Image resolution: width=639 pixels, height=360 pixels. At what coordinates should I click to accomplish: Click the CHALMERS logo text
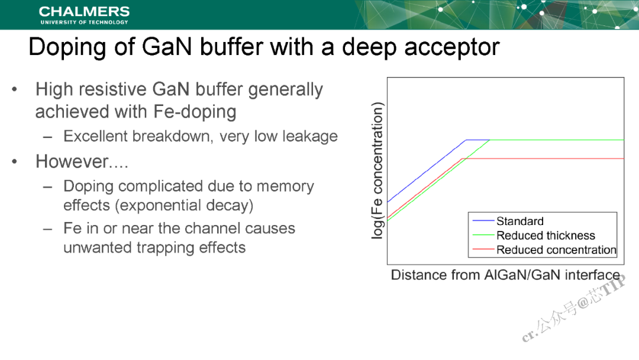(85, 11)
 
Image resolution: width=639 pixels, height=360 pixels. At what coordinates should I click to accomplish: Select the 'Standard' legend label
(520, 221)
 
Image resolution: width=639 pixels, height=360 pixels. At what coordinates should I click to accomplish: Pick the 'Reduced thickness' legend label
(546, 235)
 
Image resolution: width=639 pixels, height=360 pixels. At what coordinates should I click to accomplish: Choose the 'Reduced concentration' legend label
(556, 249)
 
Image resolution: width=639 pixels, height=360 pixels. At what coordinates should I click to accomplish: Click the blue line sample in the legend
(483, 221)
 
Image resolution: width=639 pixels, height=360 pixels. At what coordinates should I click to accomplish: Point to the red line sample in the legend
(483, 249)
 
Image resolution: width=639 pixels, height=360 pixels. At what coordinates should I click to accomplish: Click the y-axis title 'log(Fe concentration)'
(377, 171)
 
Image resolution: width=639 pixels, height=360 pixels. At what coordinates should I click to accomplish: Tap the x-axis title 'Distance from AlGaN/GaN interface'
(505, 275)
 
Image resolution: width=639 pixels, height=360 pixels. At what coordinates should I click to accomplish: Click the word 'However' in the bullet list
(73, 162)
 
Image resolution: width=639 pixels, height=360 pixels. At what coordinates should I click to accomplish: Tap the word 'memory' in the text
(285, 187)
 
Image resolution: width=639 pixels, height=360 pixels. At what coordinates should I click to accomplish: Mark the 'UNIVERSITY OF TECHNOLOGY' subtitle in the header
(85, 22)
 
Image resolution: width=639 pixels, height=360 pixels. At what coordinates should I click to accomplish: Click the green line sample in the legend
(483, 235)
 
